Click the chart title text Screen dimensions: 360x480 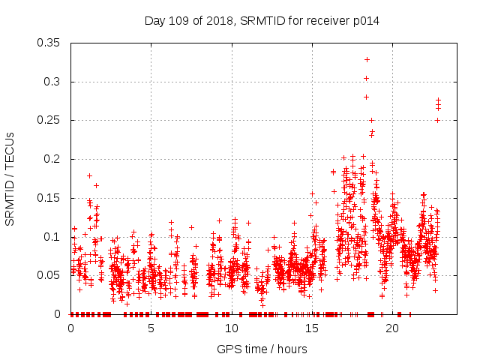click(262, 21)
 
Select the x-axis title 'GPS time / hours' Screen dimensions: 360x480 click(262, 349)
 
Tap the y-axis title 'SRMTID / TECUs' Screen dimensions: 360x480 click(10, 178)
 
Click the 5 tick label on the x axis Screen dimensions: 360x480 click(151, 328)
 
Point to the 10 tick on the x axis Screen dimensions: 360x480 click(232, 328)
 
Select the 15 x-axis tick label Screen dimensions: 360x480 click(312, 328)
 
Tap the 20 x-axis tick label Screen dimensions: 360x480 click(392, 328)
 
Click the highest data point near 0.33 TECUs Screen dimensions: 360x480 click(367, 59)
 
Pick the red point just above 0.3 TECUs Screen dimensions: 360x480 click(366, 78)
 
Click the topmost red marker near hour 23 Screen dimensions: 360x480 click(438, 100)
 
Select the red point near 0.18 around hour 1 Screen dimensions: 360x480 click(89, 175)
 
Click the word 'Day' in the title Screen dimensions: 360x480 click(155, 21)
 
